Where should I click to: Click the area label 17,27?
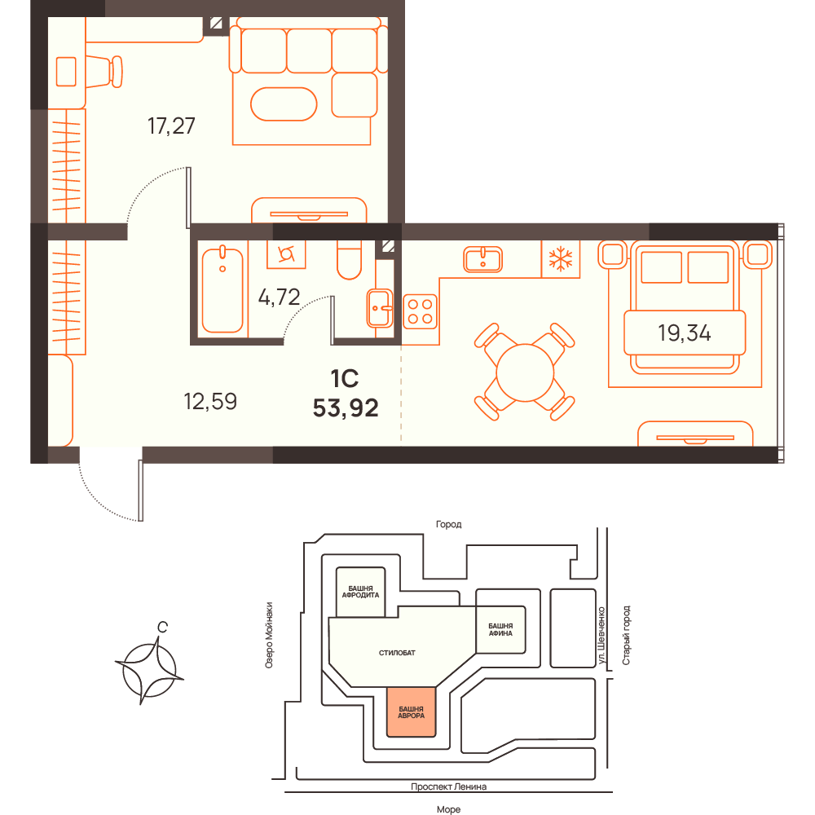tap(171, 126)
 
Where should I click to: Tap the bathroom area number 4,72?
tap(279, 297)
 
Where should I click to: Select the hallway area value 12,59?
tap(210, 402)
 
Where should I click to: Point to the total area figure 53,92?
tap(346, 408)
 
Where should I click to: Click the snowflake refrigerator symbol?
tap(561, 259)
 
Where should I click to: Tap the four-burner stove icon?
tap(420, 312)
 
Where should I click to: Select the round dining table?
tap(524, 372)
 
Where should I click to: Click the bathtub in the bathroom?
tap(222, 289)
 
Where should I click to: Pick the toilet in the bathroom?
tap(350, 260)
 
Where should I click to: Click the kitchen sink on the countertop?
tap(482, 259)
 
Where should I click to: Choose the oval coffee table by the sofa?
tap(284, 104)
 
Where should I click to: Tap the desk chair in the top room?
tap(104, 71)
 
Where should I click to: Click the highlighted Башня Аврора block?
tap(411, 712)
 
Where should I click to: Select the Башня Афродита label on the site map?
tap(360, 592)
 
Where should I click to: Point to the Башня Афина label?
tap(500, 629)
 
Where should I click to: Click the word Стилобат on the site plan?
tap(397, 653)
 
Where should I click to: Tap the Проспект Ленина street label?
tap(448, 786)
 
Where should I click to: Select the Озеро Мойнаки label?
tap(269, 635)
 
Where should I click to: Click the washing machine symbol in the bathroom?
tap(286, 254)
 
